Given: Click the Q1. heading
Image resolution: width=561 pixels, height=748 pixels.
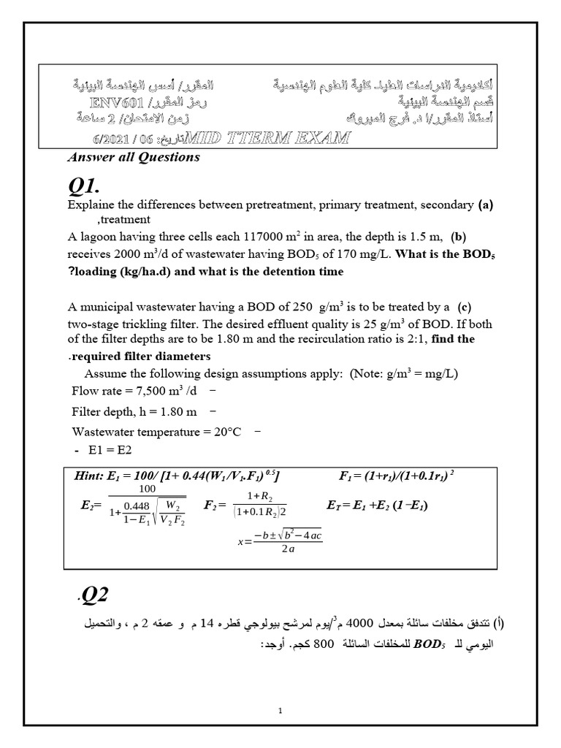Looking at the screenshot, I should pos(89,186).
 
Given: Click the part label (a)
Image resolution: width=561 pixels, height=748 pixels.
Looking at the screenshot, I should pos(486,205).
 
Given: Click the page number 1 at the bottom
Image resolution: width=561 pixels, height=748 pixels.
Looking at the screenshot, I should pos(280,709).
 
